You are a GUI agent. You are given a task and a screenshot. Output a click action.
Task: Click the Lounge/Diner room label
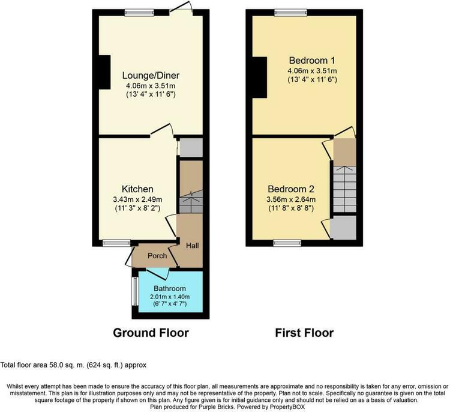click(151, 76)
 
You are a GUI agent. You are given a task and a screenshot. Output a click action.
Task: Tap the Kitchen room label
click(137, 189)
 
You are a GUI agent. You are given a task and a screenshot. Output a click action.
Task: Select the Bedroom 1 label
click(312, 61)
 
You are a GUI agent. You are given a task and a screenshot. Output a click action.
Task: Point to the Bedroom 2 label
click(291, 189)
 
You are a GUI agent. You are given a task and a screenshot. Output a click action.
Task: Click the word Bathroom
click(170, 288)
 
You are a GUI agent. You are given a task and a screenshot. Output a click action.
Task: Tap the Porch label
click(157, 256)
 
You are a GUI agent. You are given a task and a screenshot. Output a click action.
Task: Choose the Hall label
click(192, 246)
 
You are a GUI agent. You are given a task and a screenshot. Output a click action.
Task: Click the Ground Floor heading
click(151, 333)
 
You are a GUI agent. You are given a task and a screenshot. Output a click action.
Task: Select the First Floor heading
click(304, 333)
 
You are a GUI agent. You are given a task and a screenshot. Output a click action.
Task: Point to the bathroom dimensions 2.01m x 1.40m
click(170, 297)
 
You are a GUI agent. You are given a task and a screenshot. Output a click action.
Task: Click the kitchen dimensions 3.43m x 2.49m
click(137, 199)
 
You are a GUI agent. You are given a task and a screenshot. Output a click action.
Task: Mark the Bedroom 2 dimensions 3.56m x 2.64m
click(291, 199)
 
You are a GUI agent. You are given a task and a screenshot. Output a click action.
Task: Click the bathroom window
click(135, 291)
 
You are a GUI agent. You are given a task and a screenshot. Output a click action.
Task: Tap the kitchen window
click(116, 243)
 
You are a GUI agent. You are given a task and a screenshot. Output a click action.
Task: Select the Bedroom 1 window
click(291, 13)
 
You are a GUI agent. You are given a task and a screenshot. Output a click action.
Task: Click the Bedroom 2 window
click(287, 243)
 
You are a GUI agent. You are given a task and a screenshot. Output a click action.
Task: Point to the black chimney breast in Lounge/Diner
click(105, 72)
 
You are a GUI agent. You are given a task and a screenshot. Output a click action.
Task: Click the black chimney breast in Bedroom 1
click(260, 77)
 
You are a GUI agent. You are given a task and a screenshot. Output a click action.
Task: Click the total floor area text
click(73, 365)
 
